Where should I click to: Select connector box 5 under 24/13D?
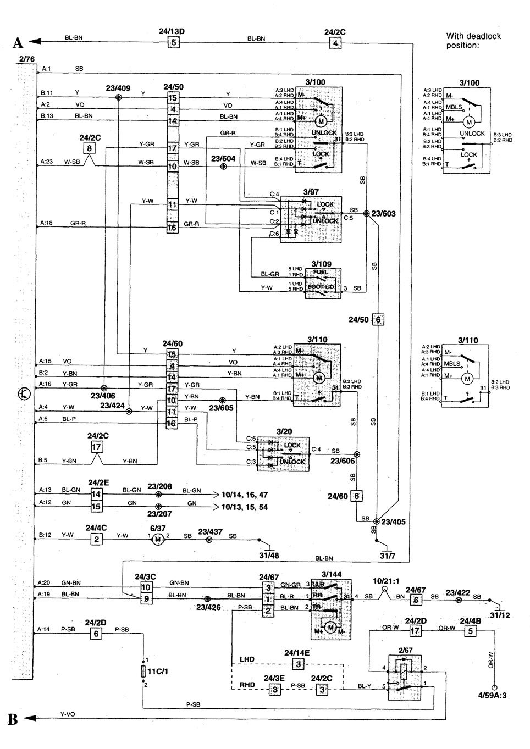[x=173, y=42]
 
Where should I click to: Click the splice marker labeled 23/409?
[x=118, y=97]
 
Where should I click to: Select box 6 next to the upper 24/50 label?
[x=377, y=319]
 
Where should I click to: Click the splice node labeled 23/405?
[x=376, y=521]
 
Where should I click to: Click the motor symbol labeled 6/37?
[x=158, y=539]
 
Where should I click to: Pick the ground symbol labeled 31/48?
[x=269, y=548]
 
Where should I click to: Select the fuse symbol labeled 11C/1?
[x=143, y=671]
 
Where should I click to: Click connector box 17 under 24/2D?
[x=415, y=631]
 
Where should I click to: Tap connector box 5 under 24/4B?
[x=470, y=631]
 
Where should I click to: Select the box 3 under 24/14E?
[x=297, y=664]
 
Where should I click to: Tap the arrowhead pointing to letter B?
[x=33, y=718]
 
